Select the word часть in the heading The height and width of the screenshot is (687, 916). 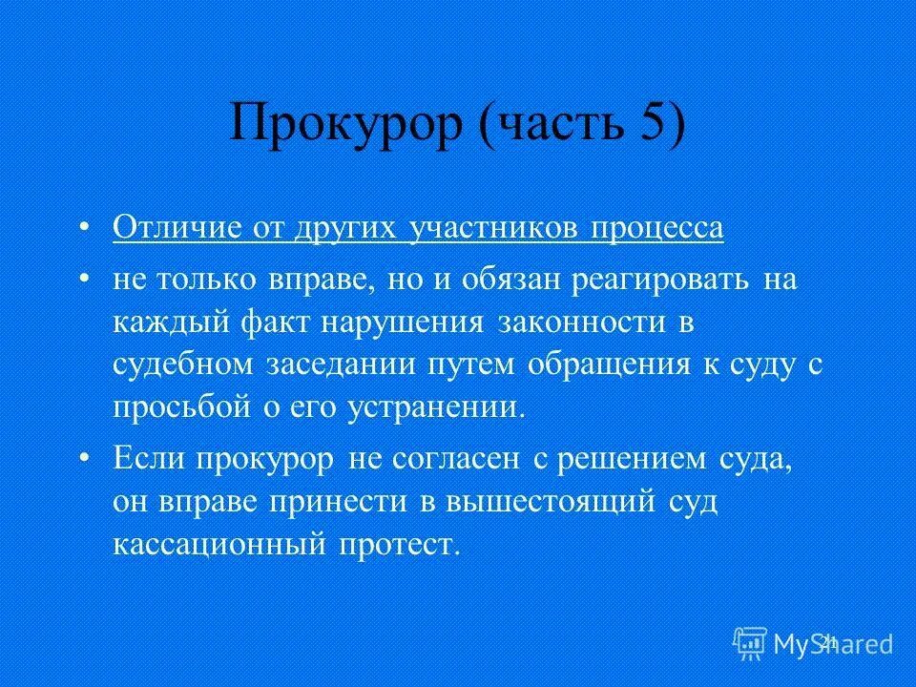click(x=557, y=124)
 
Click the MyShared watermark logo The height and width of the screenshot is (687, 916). click(x=813, y=642)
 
